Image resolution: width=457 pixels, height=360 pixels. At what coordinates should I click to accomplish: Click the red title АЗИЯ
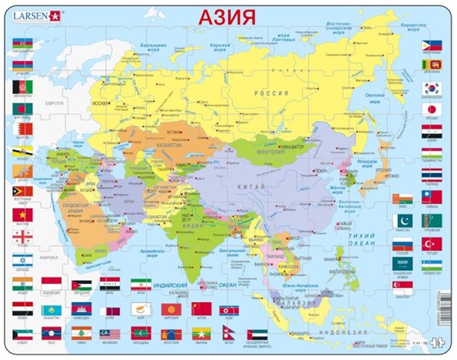coord(228,17)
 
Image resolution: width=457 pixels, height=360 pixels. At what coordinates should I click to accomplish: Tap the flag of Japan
coord(433,109)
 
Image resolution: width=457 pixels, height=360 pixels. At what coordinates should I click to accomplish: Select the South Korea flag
coord(433,88)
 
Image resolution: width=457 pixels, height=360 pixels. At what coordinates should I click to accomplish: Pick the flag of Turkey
coord(433,243)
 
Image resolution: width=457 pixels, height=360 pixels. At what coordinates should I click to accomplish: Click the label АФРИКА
coord(51,236)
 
